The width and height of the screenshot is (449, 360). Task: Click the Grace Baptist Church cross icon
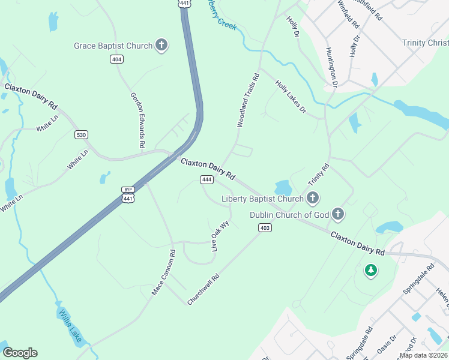coord(161,45)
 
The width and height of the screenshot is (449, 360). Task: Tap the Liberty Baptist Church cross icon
coord(312,198)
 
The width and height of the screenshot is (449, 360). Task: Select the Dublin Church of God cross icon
coord(338,214)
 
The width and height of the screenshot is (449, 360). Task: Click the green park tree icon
coord(371,271)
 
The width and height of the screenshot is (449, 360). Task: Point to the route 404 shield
coord(116,59)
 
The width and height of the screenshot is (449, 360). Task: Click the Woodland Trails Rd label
coord(247,100)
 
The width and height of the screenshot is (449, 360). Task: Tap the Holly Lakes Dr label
coord(291,98)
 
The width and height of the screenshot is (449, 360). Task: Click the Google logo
coord(20,353)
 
